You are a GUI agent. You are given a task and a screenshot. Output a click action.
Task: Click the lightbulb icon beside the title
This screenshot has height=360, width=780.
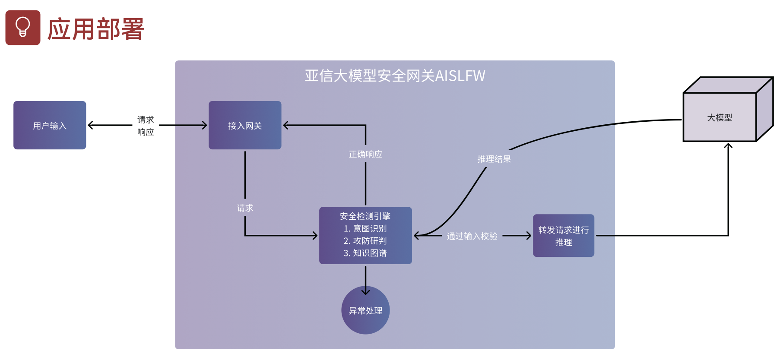pyautogui.click(x=23, y=28)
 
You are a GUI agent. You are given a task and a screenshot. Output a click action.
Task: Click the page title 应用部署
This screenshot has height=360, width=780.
pyautogui.click(x=95, y=29)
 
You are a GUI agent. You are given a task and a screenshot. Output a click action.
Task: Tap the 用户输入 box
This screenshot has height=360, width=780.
pyautogui.click(x=50, y=125)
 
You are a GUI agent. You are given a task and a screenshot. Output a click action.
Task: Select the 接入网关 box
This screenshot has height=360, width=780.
pyautogui.click(x=245, y=125)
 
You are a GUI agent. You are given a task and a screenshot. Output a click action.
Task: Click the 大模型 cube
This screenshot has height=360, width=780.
pyautogui.click(x=720, y=117)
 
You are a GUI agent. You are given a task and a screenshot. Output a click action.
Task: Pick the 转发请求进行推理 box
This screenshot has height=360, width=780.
pyautogui.click(x=563, y=236)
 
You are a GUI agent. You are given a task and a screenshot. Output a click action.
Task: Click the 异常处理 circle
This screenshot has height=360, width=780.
pyautogui.click(x=365, y=310)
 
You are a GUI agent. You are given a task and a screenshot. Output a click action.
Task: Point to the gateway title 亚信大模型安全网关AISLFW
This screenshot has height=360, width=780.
pyautogui.click(x=395, y=76)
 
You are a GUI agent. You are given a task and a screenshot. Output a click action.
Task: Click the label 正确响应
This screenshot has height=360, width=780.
pyautogui.click(x=365, y=154)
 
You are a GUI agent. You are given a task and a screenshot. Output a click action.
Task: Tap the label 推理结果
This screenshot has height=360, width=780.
pyautogui.click(x=494, y=159)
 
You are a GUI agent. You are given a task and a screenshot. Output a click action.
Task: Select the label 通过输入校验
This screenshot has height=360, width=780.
pyautogui.click(x=472, y=236)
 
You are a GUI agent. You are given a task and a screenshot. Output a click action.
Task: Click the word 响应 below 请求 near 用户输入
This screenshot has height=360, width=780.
pyautogui.click(x=146, y=132)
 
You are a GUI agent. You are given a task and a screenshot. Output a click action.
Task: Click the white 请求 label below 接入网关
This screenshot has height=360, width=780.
pyautogui.click(x=245, y=208)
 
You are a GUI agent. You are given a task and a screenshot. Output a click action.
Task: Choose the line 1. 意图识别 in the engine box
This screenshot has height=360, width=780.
pyautogui.click(x=365, y=228)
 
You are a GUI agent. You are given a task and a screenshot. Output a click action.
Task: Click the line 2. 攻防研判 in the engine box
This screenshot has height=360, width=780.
pyautogui.click(x=365, y=241)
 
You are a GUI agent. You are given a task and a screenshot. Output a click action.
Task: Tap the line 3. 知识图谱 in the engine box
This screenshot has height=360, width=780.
pyautogui.click(x=365, y=253)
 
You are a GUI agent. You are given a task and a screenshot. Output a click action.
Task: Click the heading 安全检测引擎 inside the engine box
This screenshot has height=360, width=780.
pyautogui.click(x=365, y=216)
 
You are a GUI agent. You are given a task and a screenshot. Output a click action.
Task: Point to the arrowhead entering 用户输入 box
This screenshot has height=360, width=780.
pyautogui.click(x=90, y=125)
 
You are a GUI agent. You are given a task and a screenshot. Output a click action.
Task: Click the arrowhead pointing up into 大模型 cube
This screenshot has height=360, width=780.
pyautogui.click(x=728, y=146)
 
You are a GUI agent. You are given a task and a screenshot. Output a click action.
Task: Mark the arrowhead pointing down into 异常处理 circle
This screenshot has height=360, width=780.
pyautogui.click(x=365, y=292)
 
